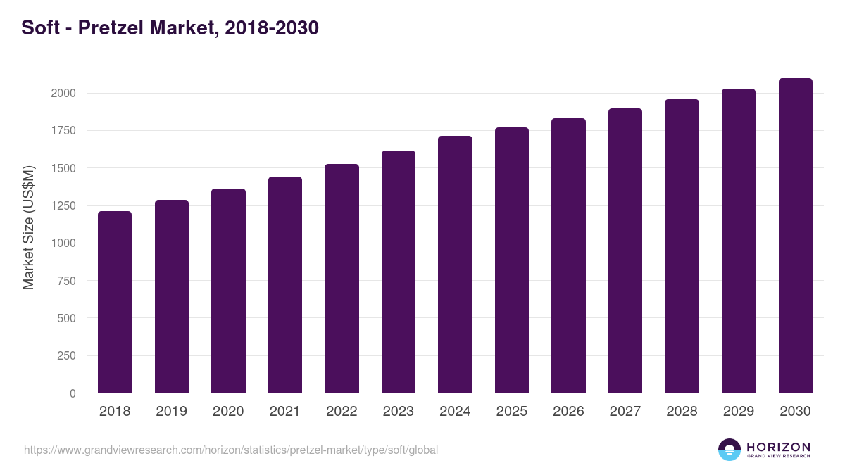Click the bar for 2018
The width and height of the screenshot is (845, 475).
coord(115,302)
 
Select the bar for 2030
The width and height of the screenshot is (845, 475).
coord(795,236)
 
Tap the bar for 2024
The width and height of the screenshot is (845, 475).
coord(455,265)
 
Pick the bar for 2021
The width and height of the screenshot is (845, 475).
coord(285,285)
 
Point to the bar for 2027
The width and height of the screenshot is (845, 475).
coord(625,251)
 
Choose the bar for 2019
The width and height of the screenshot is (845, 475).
coord(172,296)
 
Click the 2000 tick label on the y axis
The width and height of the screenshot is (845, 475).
coord(63,94)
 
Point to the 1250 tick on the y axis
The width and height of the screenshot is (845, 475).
coord(63,206)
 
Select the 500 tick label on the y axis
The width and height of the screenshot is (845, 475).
coord(65,318)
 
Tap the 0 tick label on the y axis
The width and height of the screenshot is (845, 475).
coord(73,393)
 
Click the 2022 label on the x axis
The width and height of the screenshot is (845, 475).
coord(342,412)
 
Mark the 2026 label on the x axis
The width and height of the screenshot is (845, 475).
coord(568,412)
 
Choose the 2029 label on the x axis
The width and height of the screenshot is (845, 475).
coord(739,412)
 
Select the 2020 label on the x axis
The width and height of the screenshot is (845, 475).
coord(228,412)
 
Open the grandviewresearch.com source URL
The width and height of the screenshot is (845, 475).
coord(231,450)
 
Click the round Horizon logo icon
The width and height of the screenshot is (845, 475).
coord(730,450)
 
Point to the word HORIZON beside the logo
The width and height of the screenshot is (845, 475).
coord(778,447)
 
